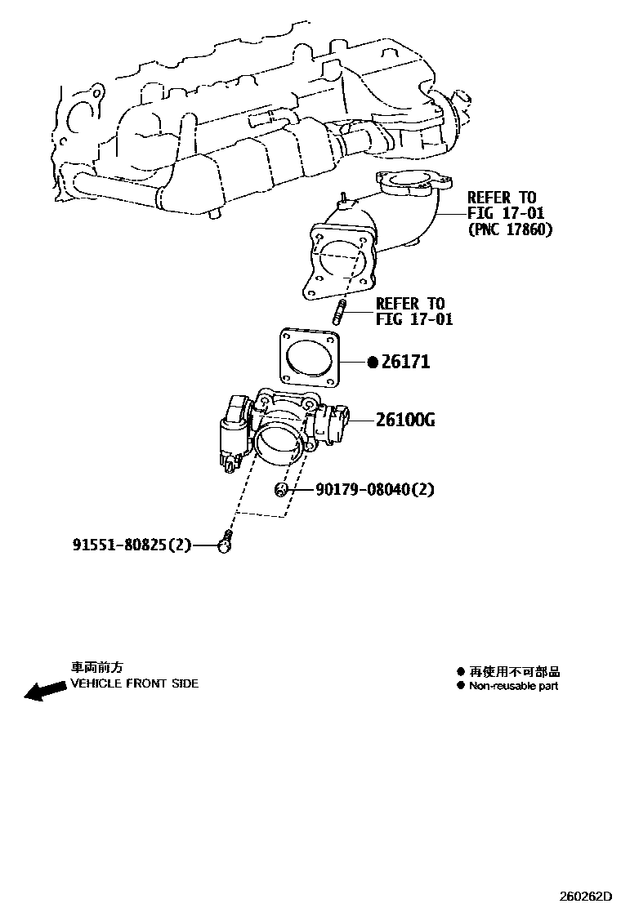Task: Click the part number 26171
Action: pos(405,362)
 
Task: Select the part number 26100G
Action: pos(405,421)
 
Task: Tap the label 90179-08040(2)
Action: pos(375,490)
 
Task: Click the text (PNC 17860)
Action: pos(509,229)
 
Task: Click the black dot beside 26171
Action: pos(373,362)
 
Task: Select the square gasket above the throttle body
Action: pos(310,357)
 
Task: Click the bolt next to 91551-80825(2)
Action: pos(225,542)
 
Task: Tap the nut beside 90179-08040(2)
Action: pos(281,489)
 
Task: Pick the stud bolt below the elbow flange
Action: pos(339,312)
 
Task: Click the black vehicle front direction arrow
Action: pos(45,691)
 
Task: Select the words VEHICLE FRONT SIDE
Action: pos(134,683)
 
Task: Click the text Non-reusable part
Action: pos(513,686)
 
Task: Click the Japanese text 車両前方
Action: pos(96,668)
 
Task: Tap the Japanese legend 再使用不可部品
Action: pos(514,672)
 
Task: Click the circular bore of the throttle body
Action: pos(277,445)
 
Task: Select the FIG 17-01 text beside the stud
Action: pos(414,319)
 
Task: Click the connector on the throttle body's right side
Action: pos(335,422)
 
